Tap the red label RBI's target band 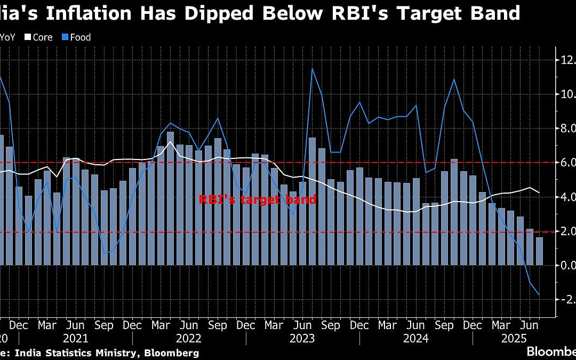[x=258, y=200]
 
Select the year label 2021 [x=76, y=338]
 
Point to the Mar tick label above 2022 [x=161, y=325]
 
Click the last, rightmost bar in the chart [x=540, y=251]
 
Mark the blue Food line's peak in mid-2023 [x=312, y=69]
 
